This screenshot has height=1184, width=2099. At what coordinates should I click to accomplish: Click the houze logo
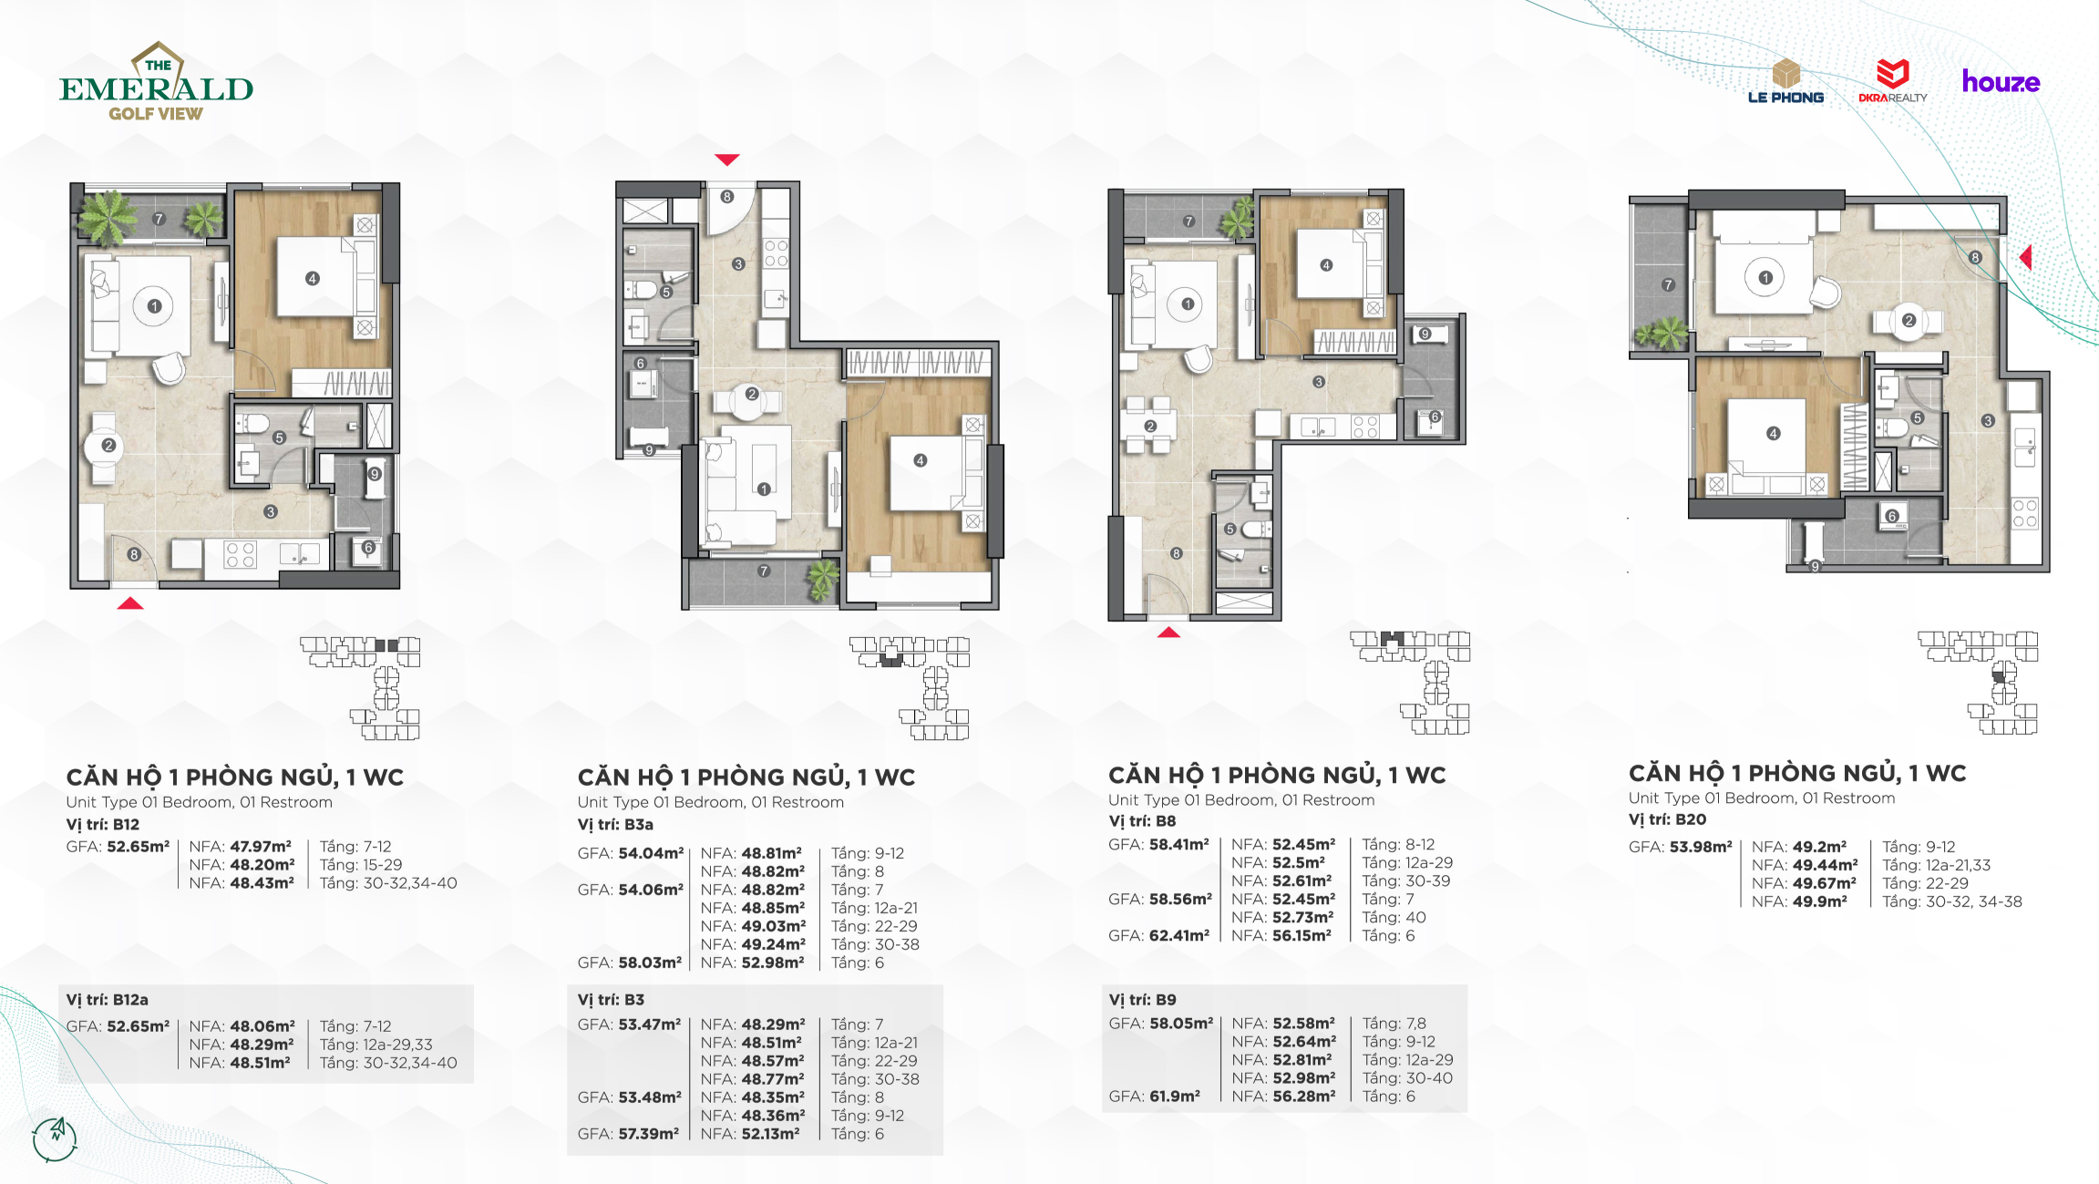(2001, 82)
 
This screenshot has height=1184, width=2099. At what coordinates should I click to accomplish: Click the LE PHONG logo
(1785, 81)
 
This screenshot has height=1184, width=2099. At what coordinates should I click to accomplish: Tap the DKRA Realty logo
(1893, 81)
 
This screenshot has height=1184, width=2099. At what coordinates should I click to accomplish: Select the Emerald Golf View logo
(156, 81)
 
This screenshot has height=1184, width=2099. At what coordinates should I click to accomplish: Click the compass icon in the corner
(55, 1138)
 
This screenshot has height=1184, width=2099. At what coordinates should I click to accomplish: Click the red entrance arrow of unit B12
(130, 602)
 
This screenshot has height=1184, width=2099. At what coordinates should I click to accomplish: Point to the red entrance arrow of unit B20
(2025, 257)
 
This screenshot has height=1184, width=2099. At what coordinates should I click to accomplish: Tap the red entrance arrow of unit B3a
(726, 160)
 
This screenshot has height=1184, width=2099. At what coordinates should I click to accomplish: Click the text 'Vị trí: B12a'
(107, 1000)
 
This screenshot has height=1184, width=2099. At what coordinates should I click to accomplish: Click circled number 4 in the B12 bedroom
(313, 278)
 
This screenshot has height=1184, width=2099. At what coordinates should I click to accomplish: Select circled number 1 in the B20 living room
(1765, 278)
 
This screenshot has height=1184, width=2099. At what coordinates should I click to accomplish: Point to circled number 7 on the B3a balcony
(764, 571)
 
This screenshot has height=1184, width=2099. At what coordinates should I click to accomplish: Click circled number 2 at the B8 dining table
(1150, 426)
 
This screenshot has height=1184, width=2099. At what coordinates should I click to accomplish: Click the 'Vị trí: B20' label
(1667, 819)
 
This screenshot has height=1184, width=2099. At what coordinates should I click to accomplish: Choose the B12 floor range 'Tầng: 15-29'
(361, 865)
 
